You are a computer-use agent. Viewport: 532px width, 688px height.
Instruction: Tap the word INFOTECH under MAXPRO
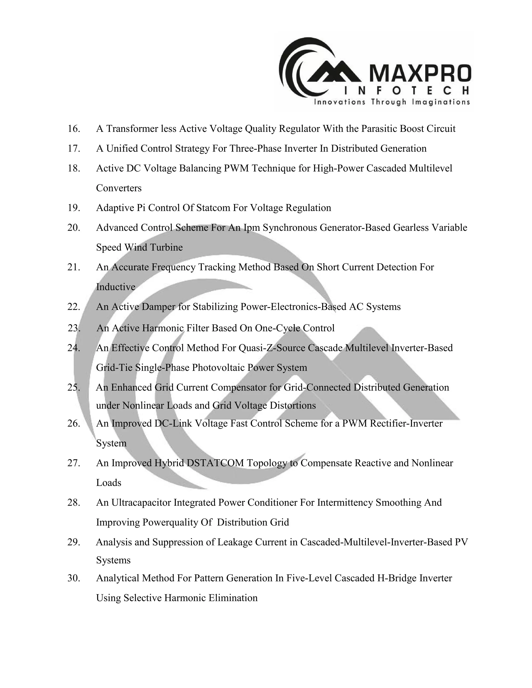pos(406,91)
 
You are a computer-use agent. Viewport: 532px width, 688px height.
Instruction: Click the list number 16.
pos(74,129)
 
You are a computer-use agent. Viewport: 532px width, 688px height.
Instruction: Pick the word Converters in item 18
pos(119,188)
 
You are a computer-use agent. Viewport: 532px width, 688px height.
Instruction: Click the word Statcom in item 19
pos(213,208)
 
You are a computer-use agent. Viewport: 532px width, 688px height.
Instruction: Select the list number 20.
pos(74,227)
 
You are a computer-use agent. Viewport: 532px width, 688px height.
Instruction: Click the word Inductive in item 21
pos(116,287)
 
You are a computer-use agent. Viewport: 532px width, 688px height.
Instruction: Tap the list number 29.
pos(74,542)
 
